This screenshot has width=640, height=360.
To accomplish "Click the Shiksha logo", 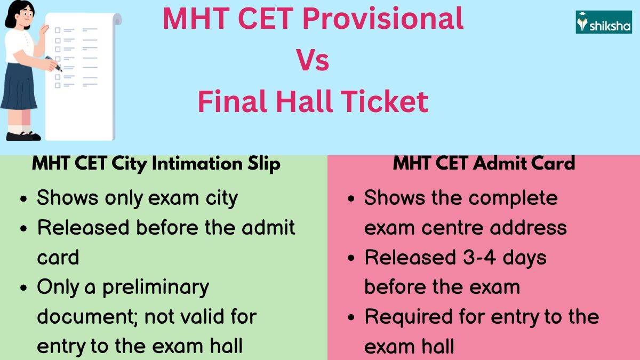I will [604, 22].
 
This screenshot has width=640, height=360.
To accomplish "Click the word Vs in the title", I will [313, 60].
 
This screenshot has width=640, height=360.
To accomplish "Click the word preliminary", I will [156, 287].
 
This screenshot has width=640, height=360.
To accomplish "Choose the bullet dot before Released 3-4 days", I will [351, 259].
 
